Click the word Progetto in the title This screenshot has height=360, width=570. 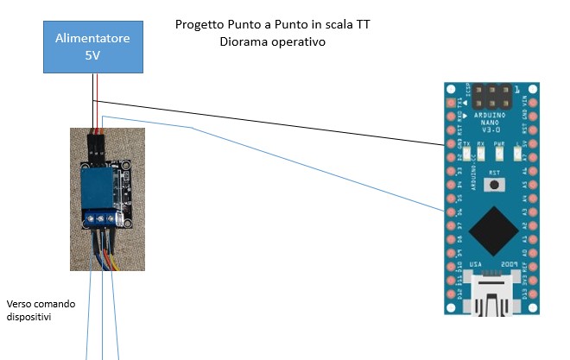[x=199, y=25]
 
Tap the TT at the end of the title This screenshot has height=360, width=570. [x=370, y=25]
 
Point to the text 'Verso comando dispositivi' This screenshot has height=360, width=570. [x=41, y=311]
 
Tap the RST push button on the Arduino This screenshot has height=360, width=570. [x=494, y=184]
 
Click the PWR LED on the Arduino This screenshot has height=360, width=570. [x=499, y=155]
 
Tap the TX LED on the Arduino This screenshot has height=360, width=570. [x=467, y=155]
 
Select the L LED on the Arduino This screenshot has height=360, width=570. [x=517, y=155]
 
